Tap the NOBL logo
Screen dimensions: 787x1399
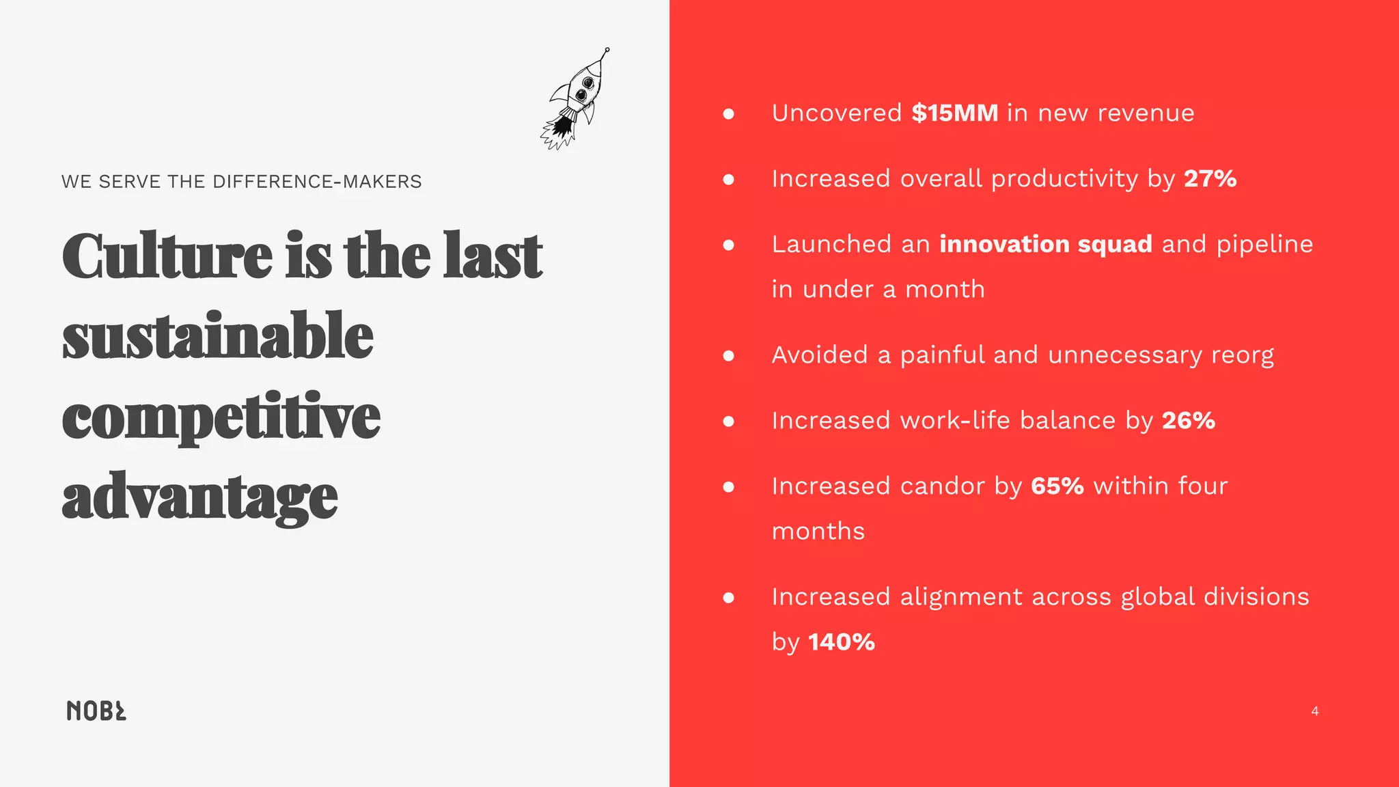[96, 710]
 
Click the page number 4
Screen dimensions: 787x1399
[1315, 711]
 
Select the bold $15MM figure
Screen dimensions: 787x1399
[954, 113]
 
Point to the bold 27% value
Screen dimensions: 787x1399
[1210, 178]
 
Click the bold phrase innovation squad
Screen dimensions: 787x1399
[1046, 244]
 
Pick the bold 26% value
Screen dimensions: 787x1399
[1189, 420]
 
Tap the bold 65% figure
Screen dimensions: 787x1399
[1057, 486]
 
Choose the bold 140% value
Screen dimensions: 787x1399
[841, 641]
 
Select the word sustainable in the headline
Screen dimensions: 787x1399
[218, 335]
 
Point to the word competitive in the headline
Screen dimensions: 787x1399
[221, 417]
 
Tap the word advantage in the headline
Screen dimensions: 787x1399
[199, 497]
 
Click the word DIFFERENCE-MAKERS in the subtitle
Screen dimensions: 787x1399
[317, 182]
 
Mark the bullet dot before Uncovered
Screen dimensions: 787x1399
[728, 113]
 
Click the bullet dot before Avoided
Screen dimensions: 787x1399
[728, 355]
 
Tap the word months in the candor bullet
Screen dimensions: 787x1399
[818, 531]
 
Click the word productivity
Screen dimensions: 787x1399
[1064, 179]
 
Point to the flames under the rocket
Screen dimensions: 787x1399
[559, 131]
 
